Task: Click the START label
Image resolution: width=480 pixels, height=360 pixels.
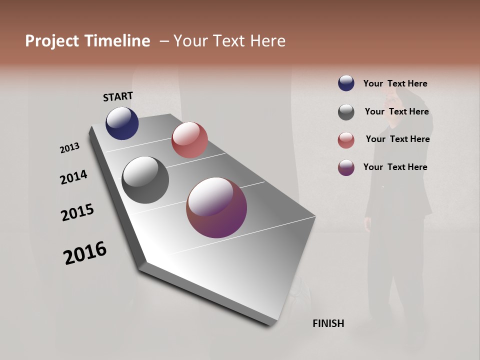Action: point(118,96)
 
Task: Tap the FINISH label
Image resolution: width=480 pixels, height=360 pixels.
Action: point(328,323)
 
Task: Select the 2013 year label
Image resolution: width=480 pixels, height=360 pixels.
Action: point(69,148)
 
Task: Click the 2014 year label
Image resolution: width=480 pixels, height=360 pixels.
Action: point(73,177)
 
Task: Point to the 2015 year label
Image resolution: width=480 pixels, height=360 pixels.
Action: point(77,212)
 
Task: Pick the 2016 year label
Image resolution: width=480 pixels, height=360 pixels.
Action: point(85,253)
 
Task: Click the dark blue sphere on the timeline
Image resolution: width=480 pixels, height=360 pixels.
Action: point(122,123)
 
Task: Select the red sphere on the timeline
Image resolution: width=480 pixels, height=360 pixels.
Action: point(189,140)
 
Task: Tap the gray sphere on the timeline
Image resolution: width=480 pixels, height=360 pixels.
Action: point(145,180)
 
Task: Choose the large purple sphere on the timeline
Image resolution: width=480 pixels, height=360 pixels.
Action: point(216,207)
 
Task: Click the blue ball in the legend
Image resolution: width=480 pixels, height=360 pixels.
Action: point(346,83)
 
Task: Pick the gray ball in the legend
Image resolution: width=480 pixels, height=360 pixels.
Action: point(346,112)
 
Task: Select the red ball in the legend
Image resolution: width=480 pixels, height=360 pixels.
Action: point(346,140)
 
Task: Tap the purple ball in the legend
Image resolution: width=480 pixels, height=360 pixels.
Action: point(346,167)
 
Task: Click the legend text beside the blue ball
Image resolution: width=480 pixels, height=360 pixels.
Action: point(395,83)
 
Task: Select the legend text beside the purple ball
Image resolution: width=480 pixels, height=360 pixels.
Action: point(395,167)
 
